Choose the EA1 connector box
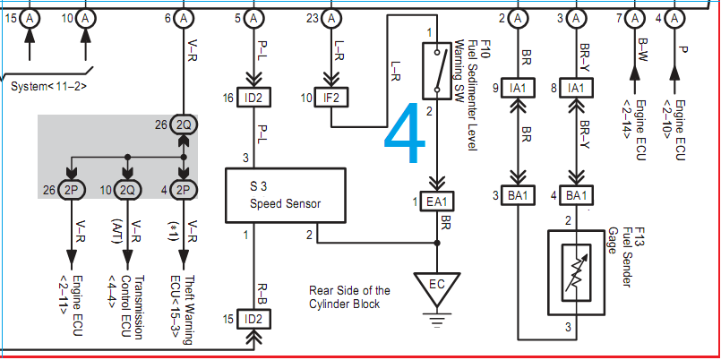click(x=436, y=200)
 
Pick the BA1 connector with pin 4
click(x=576, y=196)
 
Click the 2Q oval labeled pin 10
click(x=128, y=190)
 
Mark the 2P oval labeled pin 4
click(x=183, y=190)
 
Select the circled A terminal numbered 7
click(x=634, y=18)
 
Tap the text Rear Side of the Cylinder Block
click(x=349, y=297)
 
